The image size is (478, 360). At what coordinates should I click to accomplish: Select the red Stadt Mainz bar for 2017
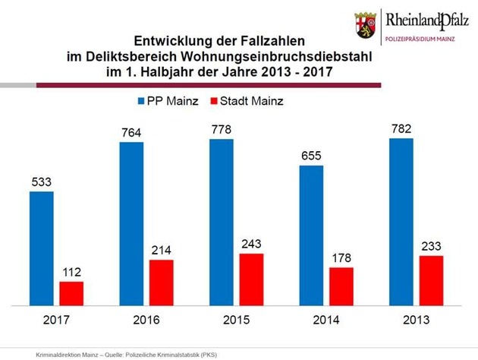coord(71,293)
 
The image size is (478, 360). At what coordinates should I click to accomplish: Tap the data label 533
coord(41,182)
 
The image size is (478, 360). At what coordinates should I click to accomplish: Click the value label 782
coord(402,129)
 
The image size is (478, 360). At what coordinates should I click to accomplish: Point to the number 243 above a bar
coord(252,245)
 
